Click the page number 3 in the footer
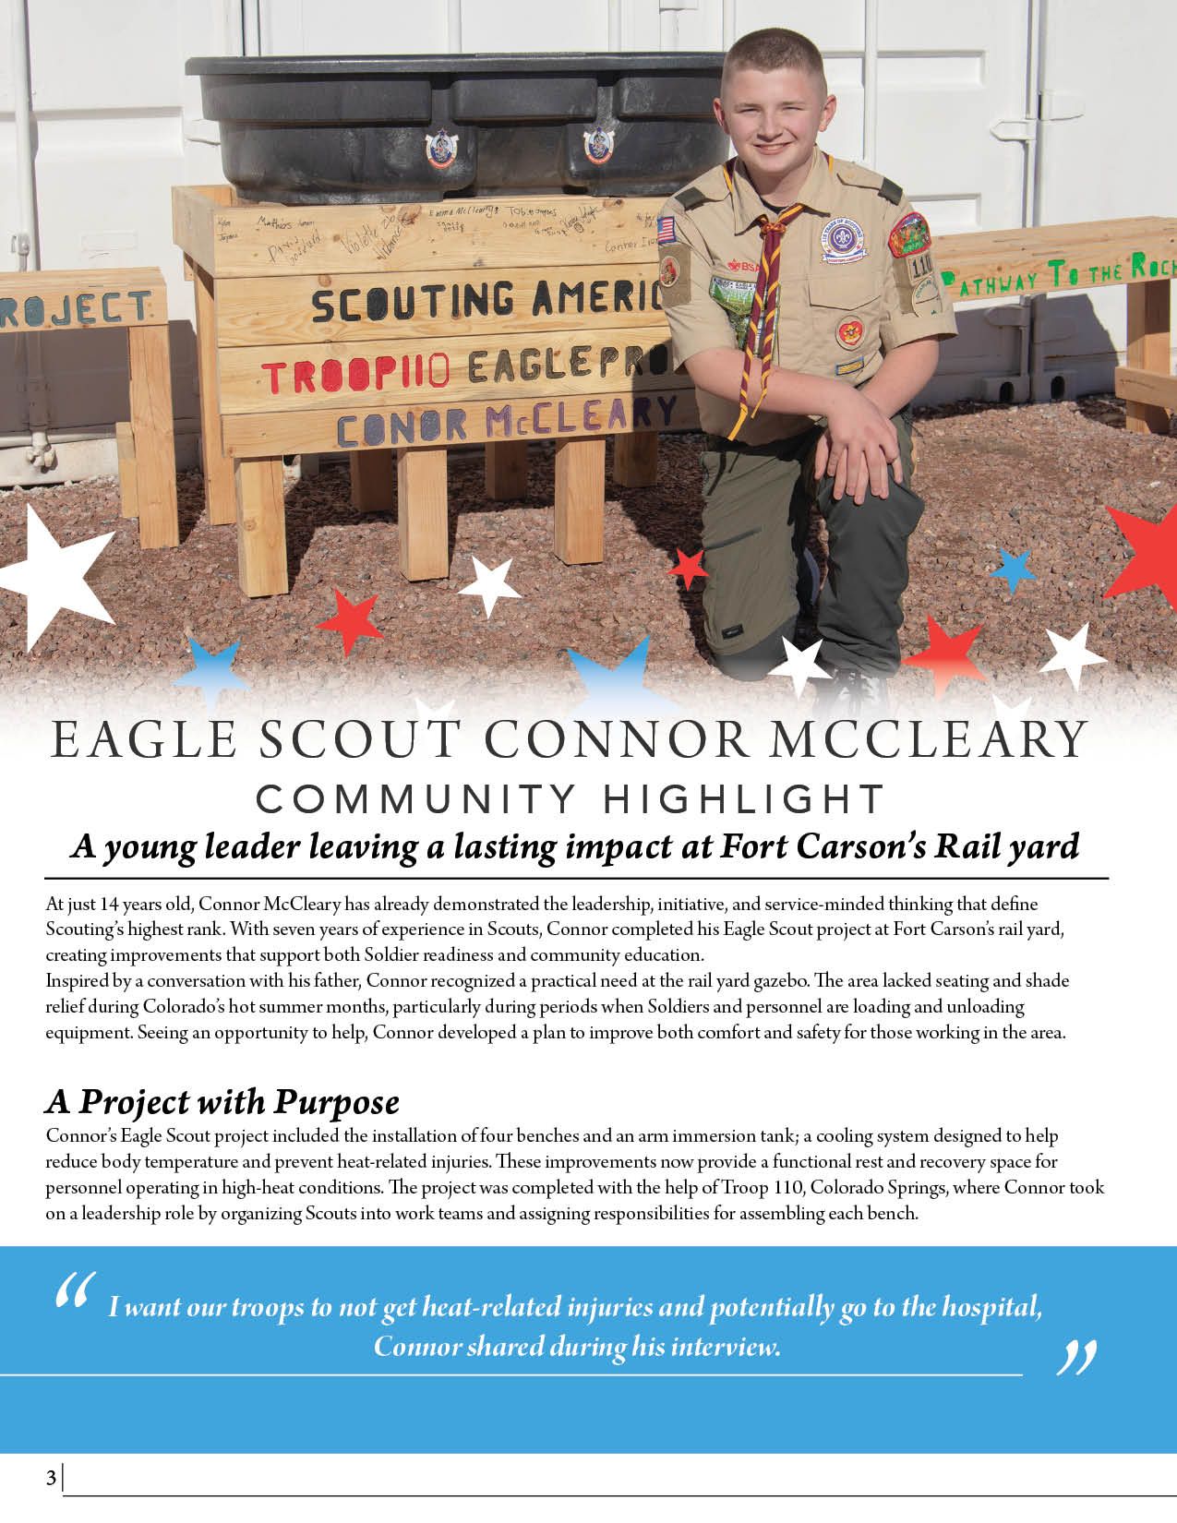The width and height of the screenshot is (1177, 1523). coord(51,1478)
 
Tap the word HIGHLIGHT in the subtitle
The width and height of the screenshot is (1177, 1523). coord(744,799)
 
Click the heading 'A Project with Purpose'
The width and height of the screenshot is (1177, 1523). coord(222,1102)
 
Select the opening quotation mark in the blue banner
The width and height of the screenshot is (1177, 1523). coord(75,1291)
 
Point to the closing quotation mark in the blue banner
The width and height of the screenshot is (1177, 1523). coord(1075,1357)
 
